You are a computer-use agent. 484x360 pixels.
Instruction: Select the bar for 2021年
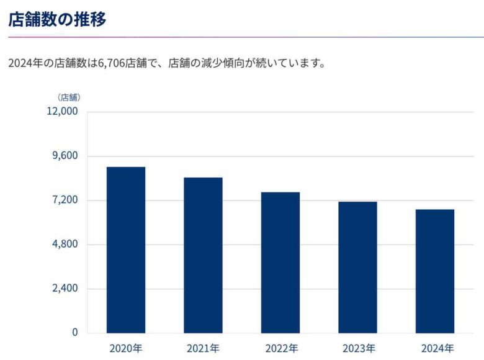coord(203,255)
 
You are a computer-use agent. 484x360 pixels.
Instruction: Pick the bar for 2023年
coord(357,267)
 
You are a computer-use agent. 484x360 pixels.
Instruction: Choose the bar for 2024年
coord(435,271)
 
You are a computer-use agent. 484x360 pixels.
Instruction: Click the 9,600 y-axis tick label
coord(65,156)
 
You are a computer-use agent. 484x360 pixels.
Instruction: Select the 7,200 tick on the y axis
coord(65,200)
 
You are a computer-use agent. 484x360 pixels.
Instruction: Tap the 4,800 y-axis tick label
coord(65,244)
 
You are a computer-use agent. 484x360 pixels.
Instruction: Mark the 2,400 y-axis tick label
coord(65,288)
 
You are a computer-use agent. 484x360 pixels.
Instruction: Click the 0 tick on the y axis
coord(75,332)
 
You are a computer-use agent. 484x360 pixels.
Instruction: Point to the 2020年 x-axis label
coord(126,348)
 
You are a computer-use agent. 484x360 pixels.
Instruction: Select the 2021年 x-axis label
coord(203,348)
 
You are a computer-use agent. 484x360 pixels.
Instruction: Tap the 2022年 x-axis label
coord(280,348)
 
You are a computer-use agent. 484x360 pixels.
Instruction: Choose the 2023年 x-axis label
coord(357,348)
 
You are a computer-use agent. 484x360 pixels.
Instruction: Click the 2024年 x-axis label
coord(435,348)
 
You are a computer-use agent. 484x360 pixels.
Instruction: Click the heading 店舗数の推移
coord(57,19)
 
